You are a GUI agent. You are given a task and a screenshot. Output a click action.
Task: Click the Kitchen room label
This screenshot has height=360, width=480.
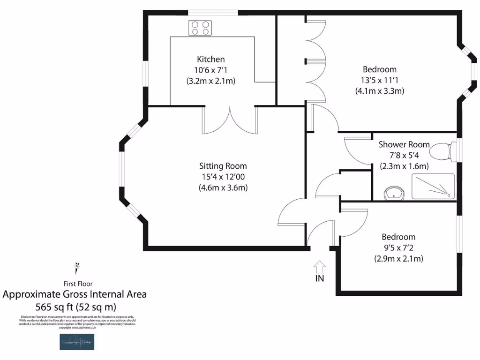pyautogui.click(x=210, y=60)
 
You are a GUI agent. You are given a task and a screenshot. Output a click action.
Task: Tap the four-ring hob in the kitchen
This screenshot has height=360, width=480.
pyautogui.click(x=200, y=28)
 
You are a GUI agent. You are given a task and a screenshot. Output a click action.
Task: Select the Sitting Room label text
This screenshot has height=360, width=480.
pyautogui.click(x=223, y=166)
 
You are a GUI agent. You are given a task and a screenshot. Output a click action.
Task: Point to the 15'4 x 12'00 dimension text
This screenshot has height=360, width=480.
pyautogui.click(x=223, y=177)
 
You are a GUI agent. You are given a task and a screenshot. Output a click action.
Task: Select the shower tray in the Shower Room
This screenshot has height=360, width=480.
pyautogui.click(x=433, y=186)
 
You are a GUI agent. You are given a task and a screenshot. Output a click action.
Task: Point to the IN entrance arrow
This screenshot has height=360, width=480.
pyautogui.click(x=320, y=267)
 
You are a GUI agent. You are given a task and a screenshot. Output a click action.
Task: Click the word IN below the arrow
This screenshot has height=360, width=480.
pyautogui.click(x=320, y=278)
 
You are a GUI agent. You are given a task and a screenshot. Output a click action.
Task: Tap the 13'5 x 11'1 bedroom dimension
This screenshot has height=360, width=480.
pyautogui.click(x=379, y=80)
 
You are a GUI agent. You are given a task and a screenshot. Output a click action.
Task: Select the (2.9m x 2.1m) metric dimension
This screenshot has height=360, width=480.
pyautogui.click(x=398, y=258)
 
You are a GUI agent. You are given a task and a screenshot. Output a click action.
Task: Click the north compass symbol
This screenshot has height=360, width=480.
pyautogui.click(x=76, y=268)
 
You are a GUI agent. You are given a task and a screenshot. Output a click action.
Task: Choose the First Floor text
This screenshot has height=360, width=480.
pyautogui.click(x=78, y=284)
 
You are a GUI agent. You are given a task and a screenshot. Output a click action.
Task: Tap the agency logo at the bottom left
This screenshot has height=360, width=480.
pyautogui.click(x=77, y=342)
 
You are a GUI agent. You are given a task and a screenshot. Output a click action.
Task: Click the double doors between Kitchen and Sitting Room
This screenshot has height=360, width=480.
pyautogui.click(x=230, y=120)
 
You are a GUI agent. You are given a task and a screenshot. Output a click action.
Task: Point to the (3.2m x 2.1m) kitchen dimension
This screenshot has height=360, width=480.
pyautogui.click(x=210, y=81)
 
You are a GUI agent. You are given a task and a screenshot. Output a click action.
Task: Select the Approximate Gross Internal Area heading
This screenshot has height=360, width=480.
pyautogui.click(x=75, y=294)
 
